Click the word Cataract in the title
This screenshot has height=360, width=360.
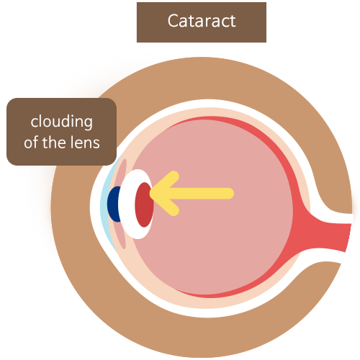point(202,21)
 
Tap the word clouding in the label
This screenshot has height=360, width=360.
point(61,122)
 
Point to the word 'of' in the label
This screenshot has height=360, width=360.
point(32,142)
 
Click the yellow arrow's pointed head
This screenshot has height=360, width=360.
point(151,193)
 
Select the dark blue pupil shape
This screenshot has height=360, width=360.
point(114,204)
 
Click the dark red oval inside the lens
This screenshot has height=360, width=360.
point(144,204)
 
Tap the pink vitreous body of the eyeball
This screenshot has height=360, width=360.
point(211,240)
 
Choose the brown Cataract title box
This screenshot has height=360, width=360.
point(202,22)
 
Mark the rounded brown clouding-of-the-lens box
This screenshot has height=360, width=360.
point(61,132)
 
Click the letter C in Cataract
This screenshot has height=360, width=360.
point(173,21)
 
